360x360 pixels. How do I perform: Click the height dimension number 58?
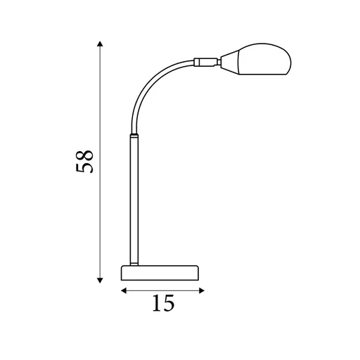coord(84,162)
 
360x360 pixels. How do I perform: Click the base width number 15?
coord(162,304)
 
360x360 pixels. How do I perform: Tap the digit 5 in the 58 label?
coord(84,169)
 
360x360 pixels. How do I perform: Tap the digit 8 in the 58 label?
coord(84,154)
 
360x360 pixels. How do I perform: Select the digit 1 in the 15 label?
coord(156,304)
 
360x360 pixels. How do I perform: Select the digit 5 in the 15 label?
coord(169,304)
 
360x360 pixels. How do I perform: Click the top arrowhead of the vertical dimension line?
coord(101,44)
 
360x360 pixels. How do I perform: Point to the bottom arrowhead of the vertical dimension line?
coord(101,281)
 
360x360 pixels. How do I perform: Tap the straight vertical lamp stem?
coord(133,197)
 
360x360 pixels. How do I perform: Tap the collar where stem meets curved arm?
coord(133,134)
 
